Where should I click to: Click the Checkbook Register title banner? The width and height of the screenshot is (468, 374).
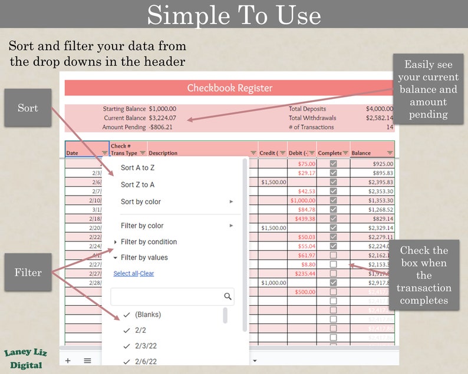click(x=229, y=88)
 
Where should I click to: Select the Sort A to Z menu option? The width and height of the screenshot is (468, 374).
click(x=137, y=168)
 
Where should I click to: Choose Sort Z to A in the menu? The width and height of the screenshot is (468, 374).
click(x=137, y=185)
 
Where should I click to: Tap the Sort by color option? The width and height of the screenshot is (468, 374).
click(x=141, y=202)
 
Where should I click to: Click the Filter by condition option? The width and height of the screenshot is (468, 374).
click(x=149, y=242)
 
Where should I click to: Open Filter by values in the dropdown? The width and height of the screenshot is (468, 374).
click(x=144, y=257)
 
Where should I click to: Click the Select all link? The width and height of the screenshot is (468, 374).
click(x=125, y=274)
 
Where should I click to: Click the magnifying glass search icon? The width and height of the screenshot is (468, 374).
click(x=228, y=296)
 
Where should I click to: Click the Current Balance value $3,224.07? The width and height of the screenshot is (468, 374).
click(x=162, y=118)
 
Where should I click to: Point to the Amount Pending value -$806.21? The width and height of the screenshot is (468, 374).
click(x=161, y=127)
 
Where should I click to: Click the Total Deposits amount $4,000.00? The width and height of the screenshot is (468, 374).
click(x=379, y=109)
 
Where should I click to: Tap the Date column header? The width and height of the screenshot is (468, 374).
click(x=72, y=153)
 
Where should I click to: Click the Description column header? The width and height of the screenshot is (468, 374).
click(x=163, y=153)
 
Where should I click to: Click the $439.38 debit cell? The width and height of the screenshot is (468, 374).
click(x=305, y=219)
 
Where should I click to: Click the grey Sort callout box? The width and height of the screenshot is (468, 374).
click(x=28, y=108)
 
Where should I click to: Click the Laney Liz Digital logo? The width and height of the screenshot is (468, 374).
click(x=25, y=359)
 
